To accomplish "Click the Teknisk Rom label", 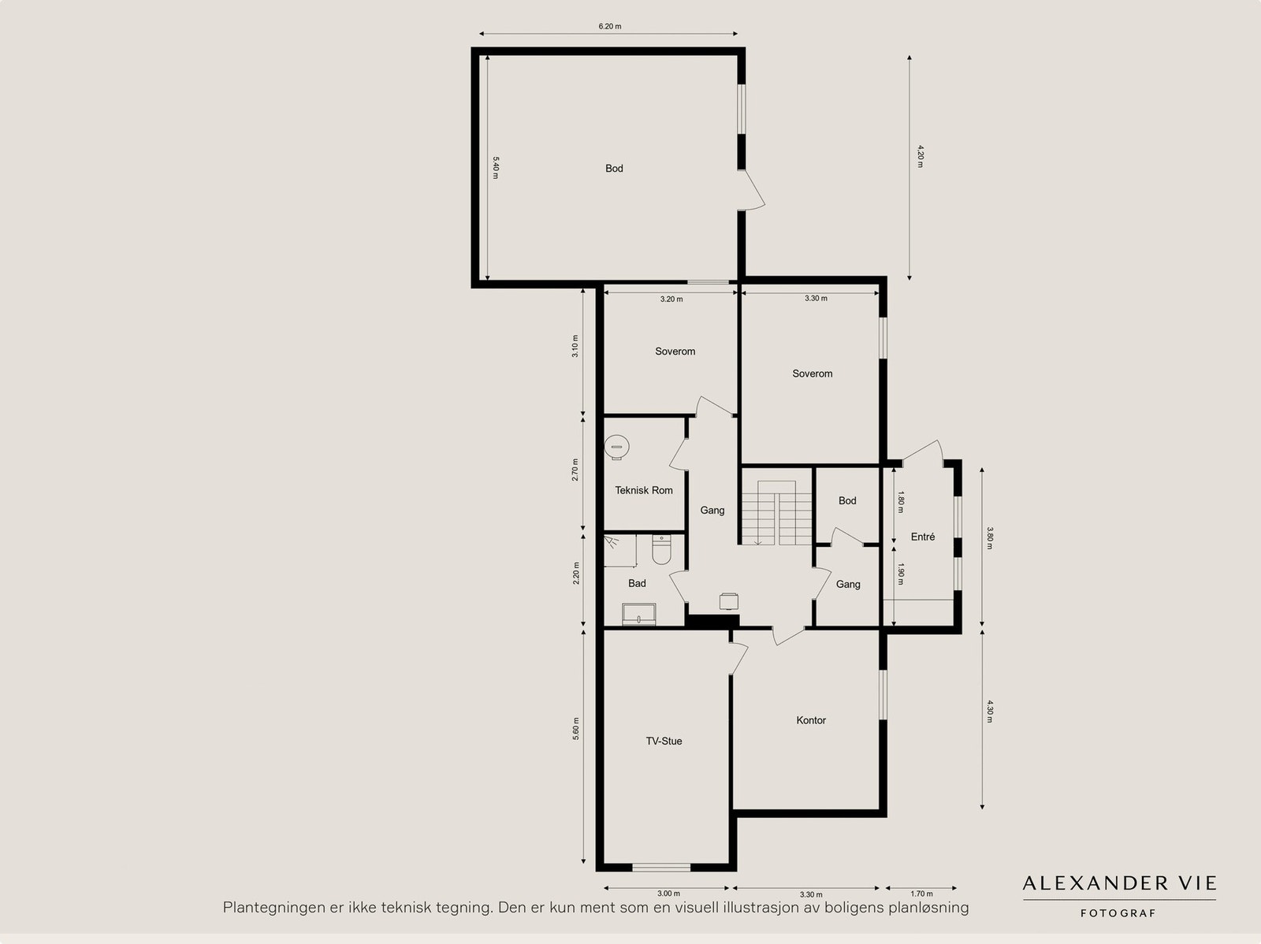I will pos(644,490).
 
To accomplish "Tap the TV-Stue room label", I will pos(664,741).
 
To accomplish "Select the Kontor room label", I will pos(811,720).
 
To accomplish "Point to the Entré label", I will pos(923,537).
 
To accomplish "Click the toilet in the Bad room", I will pos(660,551).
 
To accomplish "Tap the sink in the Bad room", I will pos(638,614).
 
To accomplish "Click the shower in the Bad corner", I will pos(619,549).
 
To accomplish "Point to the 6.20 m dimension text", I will pos(609,26).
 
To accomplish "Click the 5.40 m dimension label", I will pos(496,167).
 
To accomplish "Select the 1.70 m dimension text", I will pos(921,894).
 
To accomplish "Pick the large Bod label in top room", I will pos(614,168).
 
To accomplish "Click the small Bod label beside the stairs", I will pos(847,500).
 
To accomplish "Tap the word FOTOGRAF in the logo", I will pos(1118,913).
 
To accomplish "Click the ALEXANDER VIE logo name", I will pos(1119,883).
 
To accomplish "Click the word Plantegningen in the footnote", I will pos(274,908).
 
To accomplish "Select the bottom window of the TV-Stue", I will pos(662,868).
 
